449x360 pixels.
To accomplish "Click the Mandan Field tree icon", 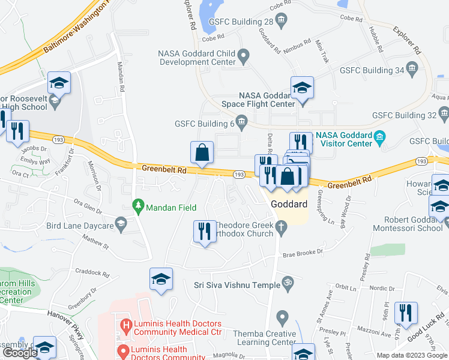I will coord(139,206).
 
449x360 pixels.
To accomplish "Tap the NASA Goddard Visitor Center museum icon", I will coord(379,139).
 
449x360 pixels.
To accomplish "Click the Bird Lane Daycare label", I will coord(80,226).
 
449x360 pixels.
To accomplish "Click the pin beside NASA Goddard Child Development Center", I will coord(243,57).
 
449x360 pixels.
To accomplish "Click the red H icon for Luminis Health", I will coord(126,328).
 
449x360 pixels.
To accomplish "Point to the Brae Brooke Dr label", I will coord(303,253).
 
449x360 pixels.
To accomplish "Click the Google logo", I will coord(20,353).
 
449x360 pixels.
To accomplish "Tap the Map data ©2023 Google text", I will coord(412,355).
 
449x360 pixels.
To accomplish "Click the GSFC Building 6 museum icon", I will coord(241,123).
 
